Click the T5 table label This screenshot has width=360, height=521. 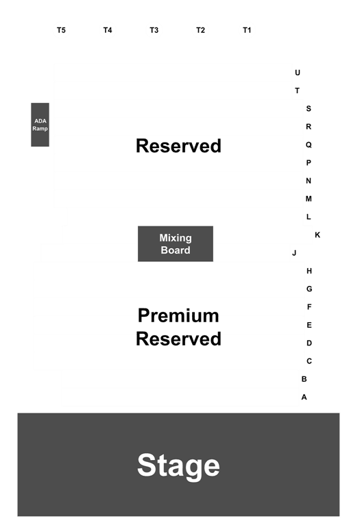(x=61, y=30)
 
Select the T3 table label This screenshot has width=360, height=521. (x=154, y=30)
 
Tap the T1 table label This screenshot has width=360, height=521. (x=247, y=30)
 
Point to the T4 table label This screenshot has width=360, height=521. (x=108, y=30)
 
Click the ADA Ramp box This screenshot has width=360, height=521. (x=40, y=125)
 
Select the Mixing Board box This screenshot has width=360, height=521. (x=176, y=244)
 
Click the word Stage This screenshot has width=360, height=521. (x=178, y=465)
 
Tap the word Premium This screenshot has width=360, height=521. (x=178, y=315)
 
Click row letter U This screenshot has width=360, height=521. (x=298, y=73)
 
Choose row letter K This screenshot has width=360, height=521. (x=317, y=235)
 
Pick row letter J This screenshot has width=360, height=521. (x=294, y=253)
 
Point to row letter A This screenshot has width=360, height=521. (x=304, y=397)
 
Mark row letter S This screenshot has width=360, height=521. (x=309, y=108)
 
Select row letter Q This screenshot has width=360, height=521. (x=309, y=145)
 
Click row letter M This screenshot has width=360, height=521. (x=309, y=199)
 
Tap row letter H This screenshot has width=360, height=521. (x=309, y=271)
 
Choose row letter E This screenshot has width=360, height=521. (x=309, y=325)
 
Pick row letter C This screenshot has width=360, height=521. (x=309, y=361)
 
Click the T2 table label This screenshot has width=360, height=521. (x=200, y=30)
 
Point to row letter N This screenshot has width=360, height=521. (x=309, y=181)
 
